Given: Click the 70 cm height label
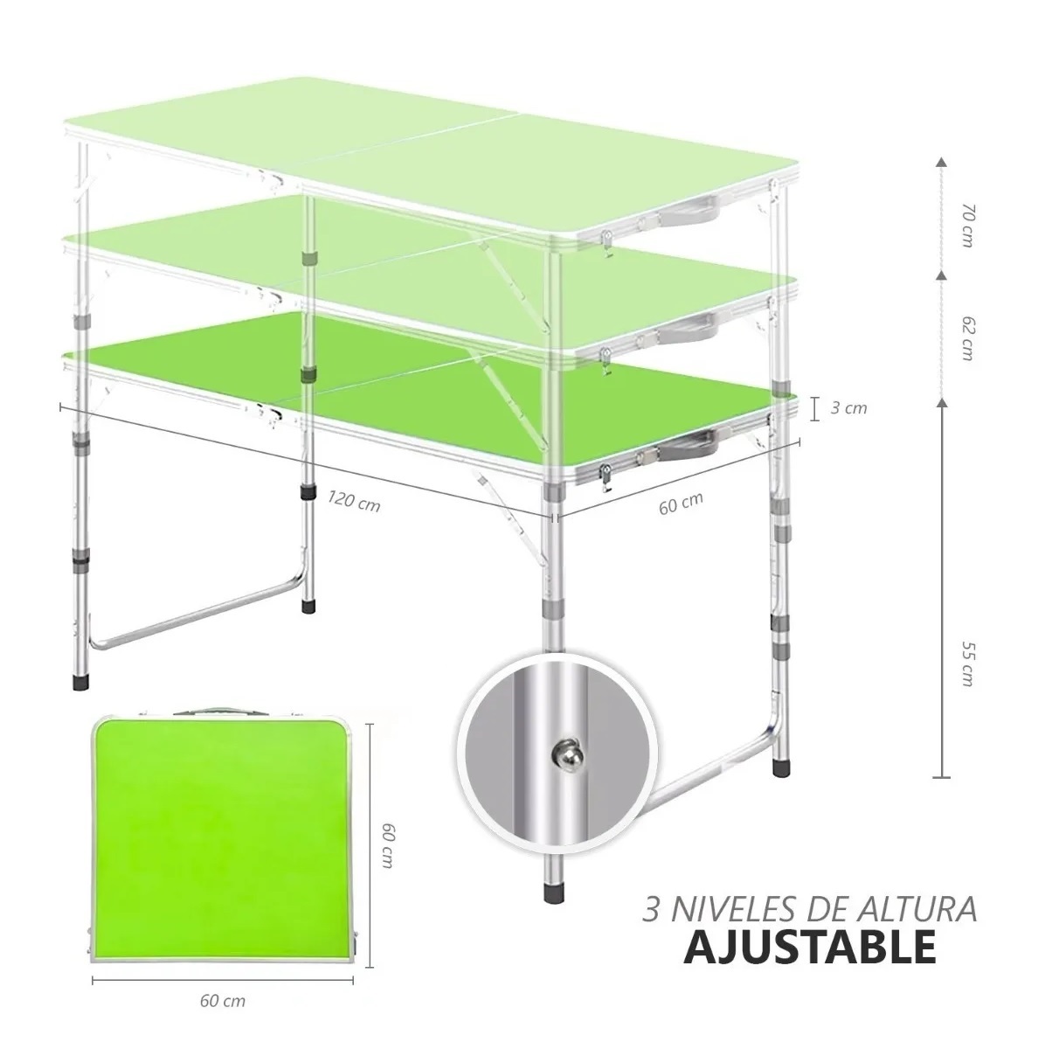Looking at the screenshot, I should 966,225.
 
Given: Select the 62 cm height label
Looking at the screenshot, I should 966,337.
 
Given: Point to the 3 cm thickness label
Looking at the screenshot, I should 848,408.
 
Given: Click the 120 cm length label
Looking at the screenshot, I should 354,502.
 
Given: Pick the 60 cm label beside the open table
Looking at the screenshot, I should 680,504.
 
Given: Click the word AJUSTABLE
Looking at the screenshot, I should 808,947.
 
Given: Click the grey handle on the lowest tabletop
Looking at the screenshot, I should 694,445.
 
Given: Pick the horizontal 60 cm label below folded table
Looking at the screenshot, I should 222,1001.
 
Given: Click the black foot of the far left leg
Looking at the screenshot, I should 79,681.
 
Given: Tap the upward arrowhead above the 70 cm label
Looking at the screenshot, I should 941,163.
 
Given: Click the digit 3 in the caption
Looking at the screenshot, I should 651,909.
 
